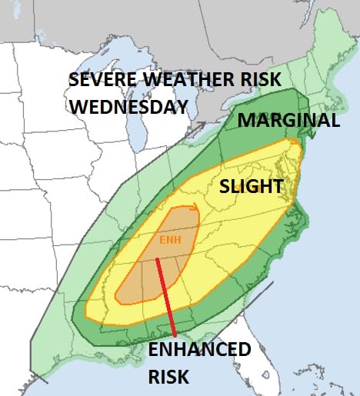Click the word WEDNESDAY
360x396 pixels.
pos(128,106)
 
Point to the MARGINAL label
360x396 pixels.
pos(288,121)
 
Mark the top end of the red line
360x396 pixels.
pos(158,259)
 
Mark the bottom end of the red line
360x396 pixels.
pos(175,337)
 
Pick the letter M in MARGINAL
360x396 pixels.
pos(245,121)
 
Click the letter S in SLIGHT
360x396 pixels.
pos(225,186)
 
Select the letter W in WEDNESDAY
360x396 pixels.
pos(80,106)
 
